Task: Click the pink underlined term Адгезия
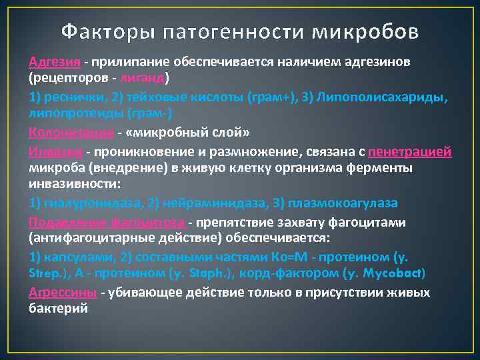[55, 62]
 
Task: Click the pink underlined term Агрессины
[63, 293]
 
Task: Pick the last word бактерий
[58, 309]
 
